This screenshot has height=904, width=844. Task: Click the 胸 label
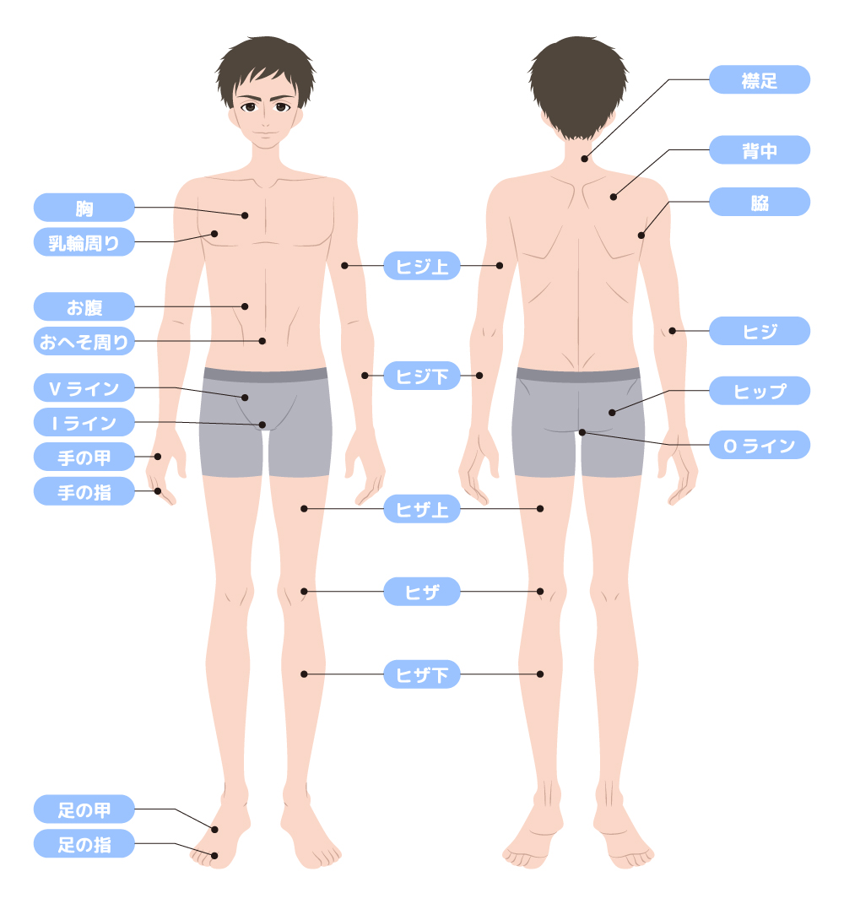84,208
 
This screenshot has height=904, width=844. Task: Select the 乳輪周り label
84,242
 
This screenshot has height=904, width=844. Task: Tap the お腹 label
84,306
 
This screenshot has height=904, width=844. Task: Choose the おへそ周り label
84,341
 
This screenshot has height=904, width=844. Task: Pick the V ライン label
84,388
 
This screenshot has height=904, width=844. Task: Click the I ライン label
84,422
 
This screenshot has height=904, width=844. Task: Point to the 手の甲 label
84,457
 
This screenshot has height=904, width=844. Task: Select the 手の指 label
84,490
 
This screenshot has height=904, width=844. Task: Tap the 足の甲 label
84,809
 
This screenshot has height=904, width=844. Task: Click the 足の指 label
84,843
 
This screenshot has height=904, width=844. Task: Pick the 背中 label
760,150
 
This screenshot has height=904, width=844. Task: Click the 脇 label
760,203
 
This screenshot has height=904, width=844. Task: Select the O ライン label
760,445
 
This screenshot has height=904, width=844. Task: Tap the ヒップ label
760,391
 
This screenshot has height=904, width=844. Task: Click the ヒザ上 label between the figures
422,509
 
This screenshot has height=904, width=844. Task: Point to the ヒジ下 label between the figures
422,376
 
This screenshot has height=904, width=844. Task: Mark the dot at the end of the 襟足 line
584,159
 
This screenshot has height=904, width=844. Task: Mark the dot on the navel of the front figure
262,341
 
